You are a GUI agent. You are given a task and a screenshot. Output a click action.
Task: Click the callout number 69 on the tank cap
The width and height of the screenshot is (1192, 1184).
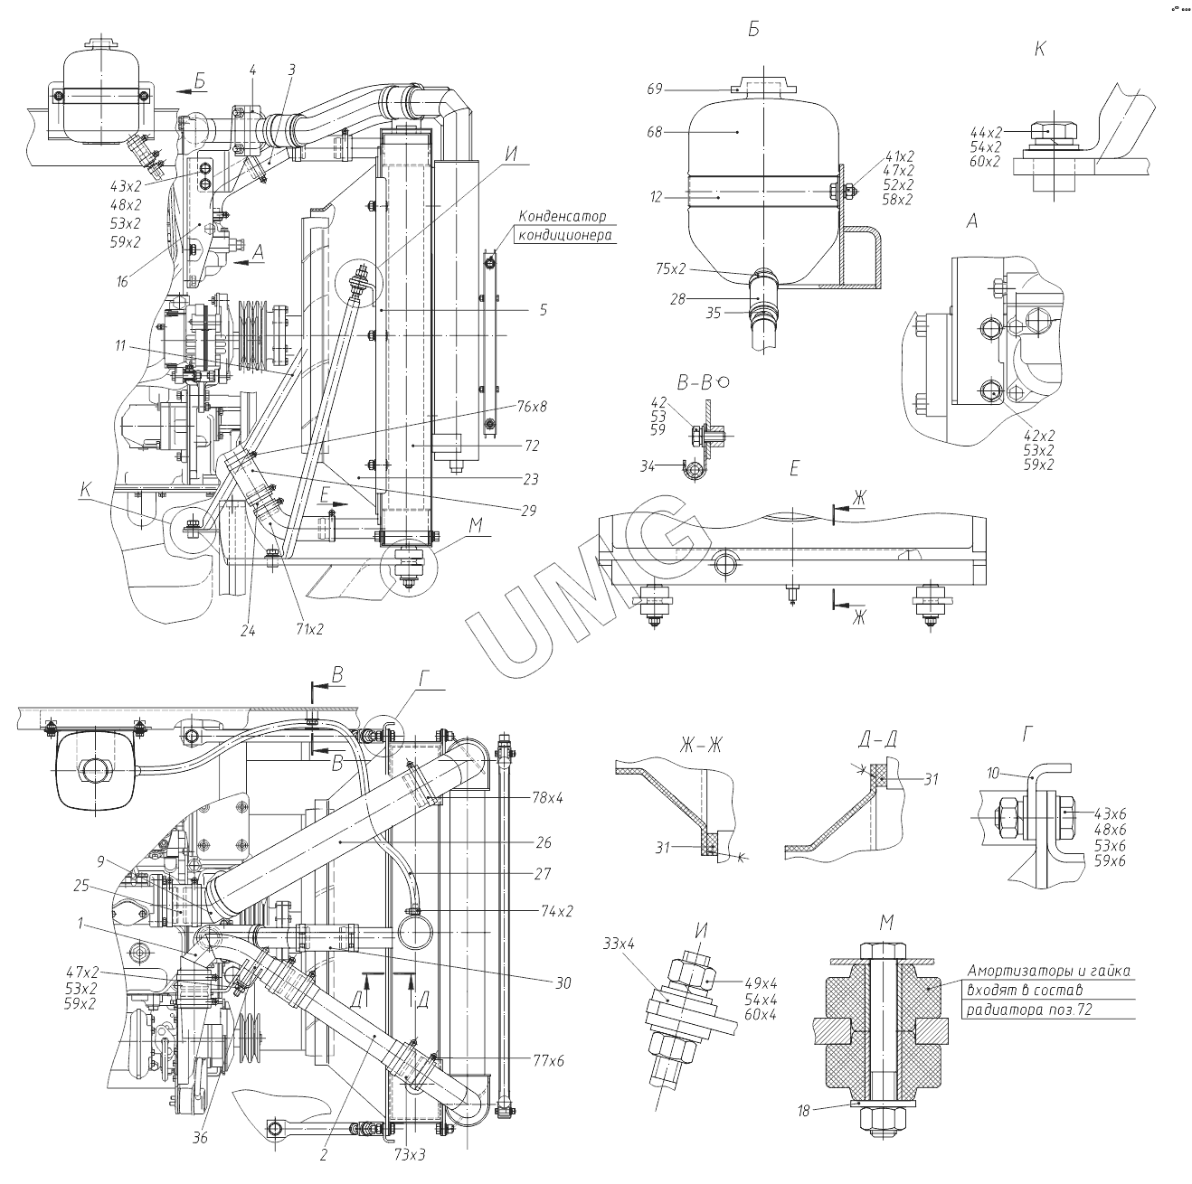pyautogui.click(x=655, y=89)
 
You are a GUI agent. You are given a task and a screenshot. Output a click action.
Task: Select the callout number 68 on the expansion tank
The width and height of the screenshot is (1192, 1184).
pyautogui.click(x=655, y=132)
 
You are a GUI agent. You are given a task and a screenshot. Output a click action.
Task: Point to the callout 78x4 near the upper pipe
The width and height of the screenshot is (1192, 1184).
pyautogui.click(x=547, y=798)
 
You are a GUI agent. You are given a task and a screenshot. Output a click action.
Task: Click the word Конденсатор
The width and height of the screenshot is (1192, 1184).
pyautogui.click(x=562, y=217)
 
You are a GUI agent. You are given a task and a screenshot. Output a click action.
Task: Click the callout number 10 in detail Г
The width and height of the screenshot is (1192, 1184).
pyautogui.click(x=993, y=774)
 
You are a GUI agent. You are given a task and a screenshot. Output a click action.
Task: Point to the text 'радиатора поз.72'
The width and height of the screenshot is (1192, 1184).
pyautogui.click(x=1029, y=1010)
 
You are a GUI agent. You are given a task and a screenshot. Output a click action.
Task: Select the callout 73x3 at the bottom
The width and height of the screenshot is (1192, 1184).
pyautogui.click(x=410, y=1156)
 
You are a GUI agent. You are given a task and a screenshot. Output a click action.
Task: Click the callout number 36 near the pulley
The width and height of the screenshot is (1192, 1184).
pyautogui.click(x=201, y=1138)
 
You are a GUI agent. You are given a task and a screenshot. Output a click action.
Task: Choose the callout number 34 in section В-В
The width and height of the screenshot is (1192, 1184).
pyautogui.click(x=673, y=465)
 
